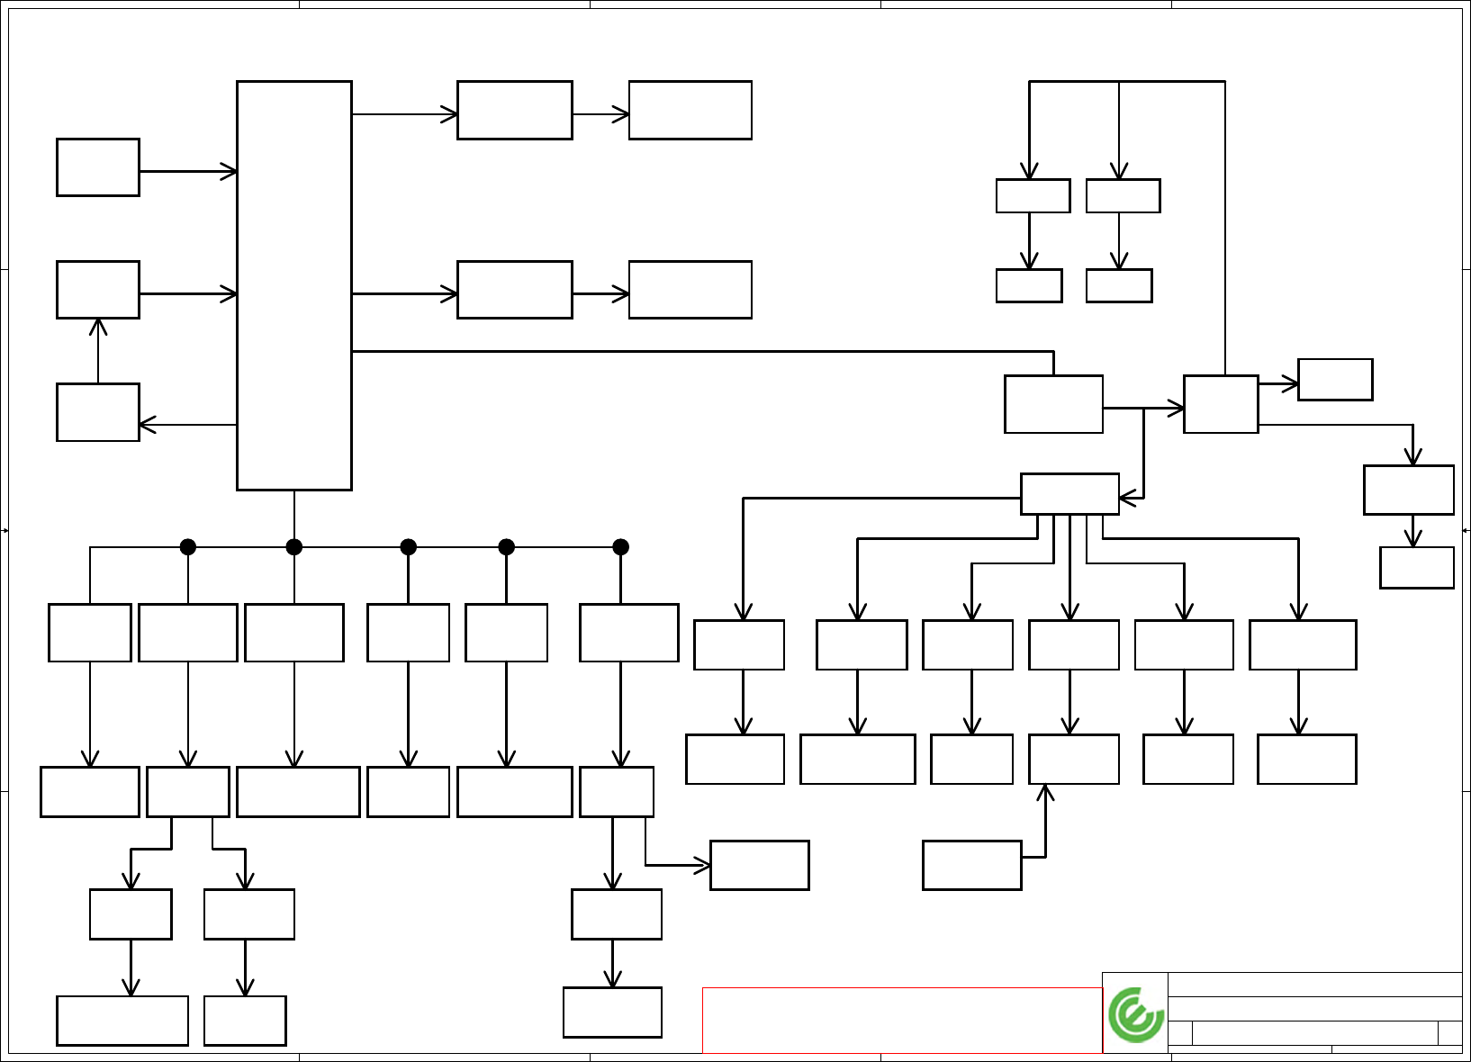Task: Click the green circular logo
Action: pos(1136,1014)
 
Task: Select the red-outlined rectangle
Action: pos(902,1020)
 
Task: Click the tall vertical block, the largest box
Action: pos(293,285)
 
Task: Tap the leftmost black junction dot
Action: pos(188,546)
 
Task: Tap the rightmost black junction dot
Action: pos(620,546)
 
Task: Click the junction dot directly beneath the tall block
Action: pos(293,546)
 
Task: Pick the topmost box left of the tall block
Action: pos(98,167)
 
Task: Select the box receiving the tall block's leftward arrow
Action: pos(98,412)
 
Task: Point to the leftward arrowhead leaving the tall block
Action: pos(145,424)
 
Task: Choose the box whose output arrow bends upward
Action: pos(971,865)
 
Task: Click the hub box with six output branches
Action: pos(1069,494)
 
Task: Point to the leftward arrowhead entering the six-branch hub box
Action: pos(1125,498)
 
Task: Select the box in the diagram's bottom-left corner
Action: pos(122,1021)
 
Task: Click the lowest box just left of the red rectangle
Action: pos(612,1012)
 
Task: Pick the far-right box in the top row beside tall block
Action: pos(690,111)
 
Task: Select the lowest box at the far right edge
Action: pos(1416,568)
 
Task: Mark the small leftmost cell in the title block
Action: pos(1180,1033)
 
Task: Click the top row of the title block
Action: pos(1314,984)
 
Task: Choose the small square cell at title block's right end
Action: pos(1449,1033)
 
